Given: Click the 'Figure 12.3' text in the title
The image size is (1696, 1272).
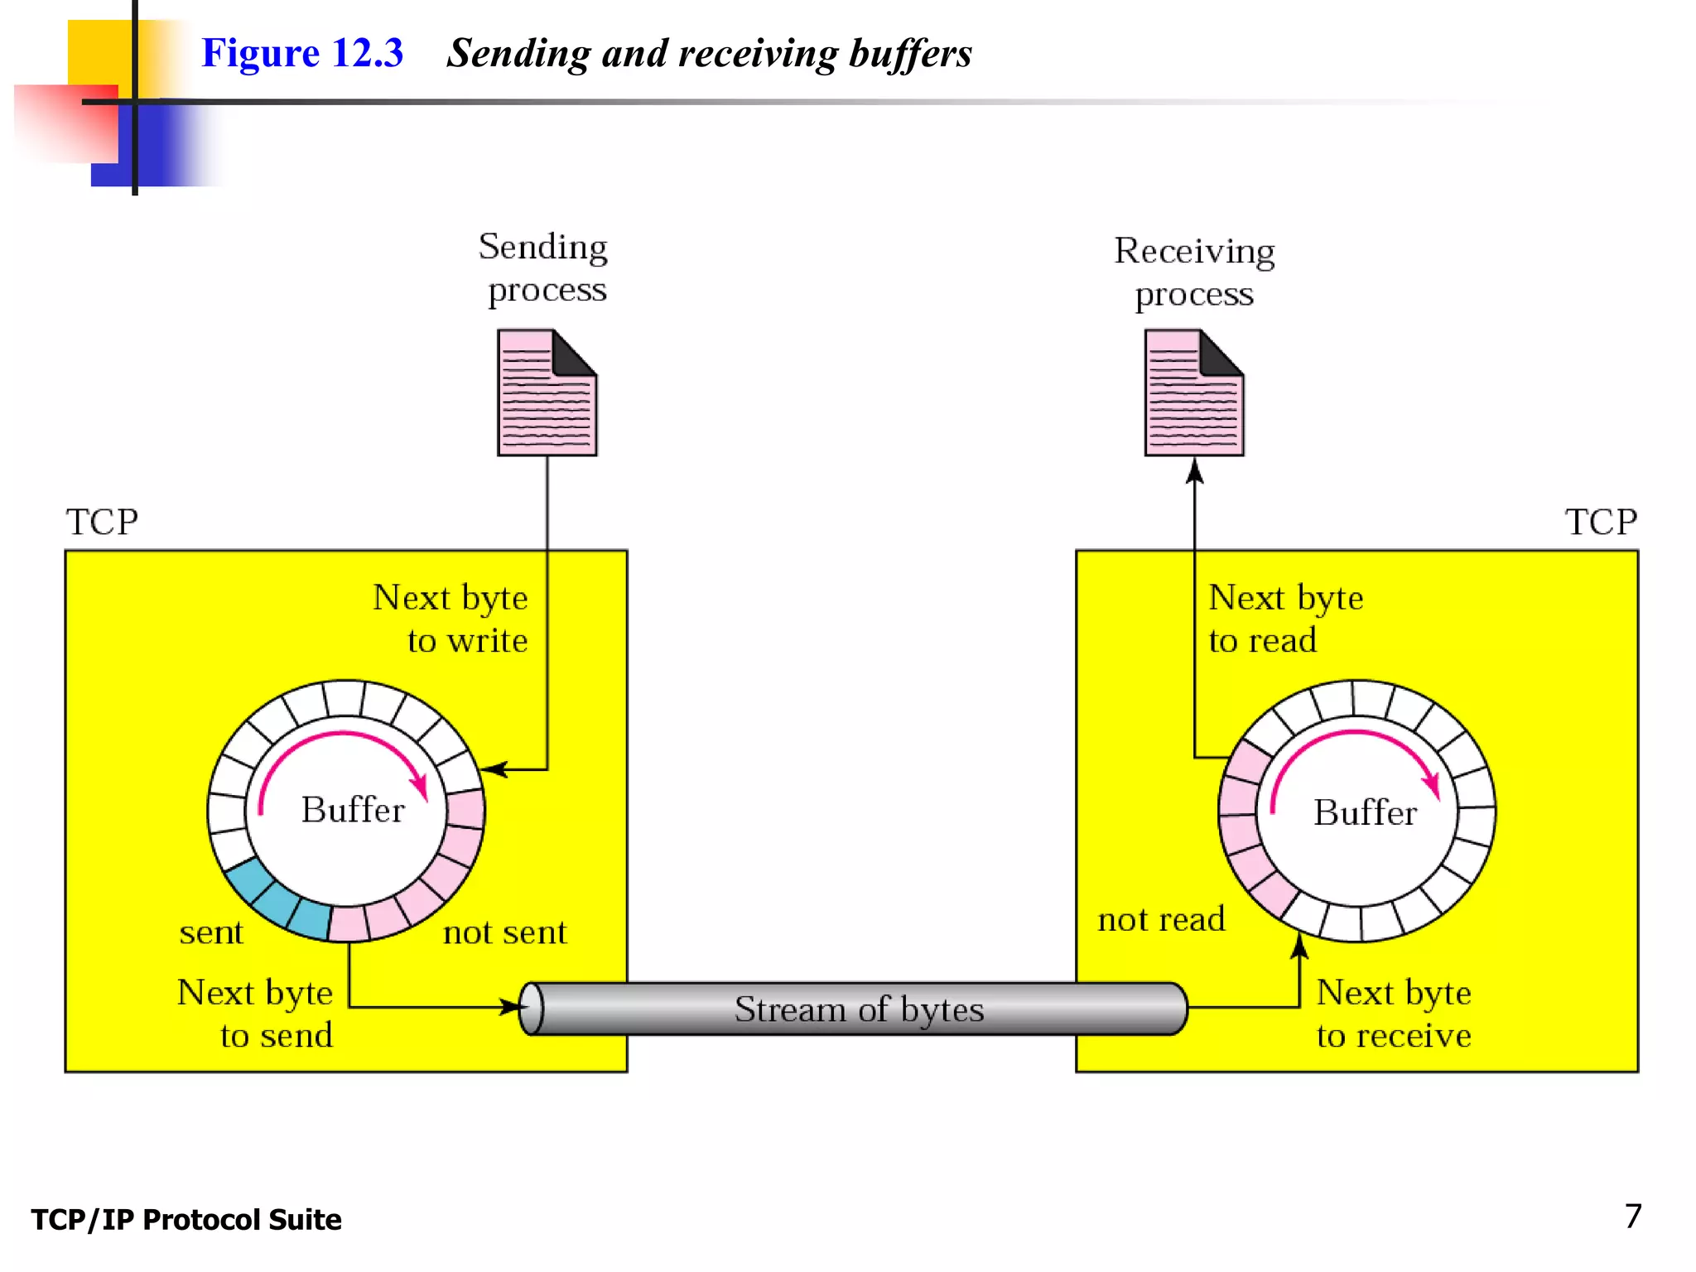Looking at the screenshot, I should click(x=302, y=53).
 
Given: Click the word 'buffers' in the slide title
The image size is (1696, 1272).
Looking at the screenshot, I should click(x=910, y=53).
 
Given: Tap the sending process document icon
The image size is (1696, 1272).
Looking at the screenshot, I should click(x=547, y=393).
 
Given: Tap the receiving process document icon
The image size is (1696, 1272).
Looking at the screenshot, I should click(x=1194, y=393).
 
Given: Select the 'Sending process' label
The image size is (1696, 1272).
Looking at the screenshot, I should click(x=544, y=268).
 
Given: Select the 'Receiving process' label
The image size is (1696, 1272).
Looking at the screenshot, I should click(x=1194, y=272).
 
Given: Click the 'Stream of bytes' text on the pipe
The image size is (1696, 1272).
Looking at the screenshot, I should click(x=859, y=1009).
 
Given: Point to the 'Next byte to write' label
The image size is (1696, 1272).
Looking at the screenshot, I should click(x=451, y=619).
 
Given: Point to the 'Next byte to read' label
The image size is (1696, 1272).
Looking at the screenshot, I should click(x=1284, y=619).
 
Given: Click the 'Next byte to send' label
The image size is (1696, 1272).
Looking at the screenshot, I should click(x=256, y=1014).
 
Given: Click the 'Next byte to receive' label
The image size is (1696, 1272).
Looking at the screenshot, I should click(x=1394, y=1014).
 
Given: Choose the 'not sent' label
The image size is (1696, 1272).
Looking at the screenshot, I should click(x=505, y=932).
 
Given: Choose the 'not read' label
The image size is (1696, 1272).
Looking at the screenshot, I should click(x=1161, y=919).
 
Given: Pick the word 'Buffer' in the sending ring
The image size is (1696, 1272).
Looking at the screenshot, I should click(x=353, y=810).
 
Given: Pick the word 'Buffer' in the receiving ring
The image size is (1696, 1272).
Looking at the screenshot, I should click(x=1365, y=812).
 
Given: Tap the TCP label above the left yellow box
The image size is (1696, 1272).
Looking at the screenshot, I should click(x=102, y=523).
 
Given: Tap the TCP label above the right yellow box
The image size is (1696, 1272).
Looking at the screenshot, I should click(x=1600, y=523).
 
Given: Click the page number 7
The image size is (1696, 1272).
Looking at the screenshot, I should click(x=1632, y=1217).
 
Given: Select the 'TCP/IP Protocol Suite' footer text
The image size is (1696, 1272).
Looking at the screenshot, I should click(x=186, y=1220).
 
